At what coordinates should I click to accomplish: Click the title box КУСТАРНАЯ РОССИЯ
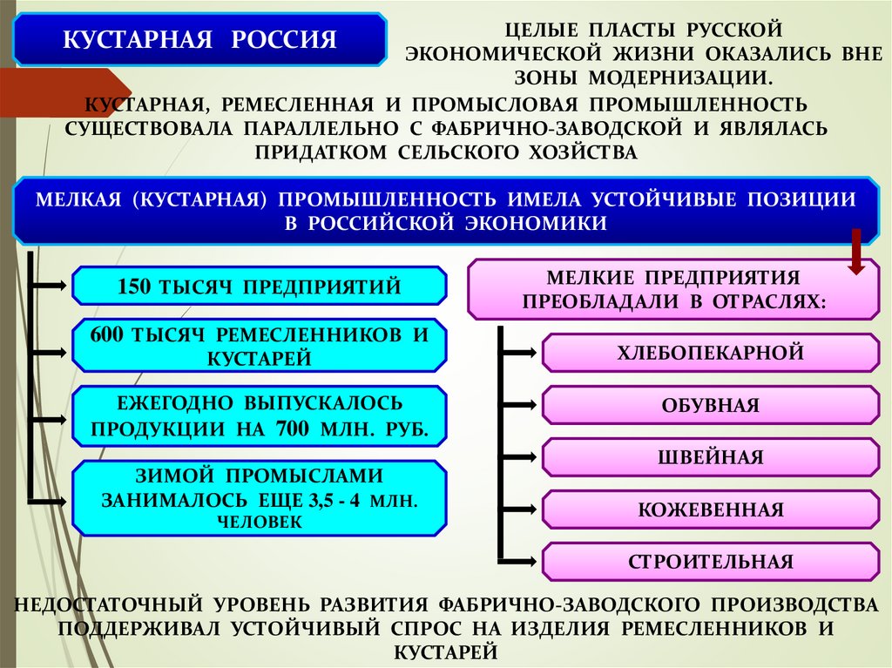pyautogui.click(x=199, y=40)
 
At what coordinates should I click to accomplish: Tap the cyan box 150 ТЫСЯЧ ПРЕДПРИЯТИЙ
pyautogui.click(x=259, y=286)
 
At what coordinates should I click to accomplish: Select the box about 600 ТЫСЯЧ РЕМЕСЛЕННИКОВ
pyautogui.click(x=259, y=346)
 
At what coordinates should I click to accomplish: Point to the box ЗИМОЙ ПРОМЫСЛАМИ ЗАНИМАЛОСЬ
pyautogui.click(x=259, y=498)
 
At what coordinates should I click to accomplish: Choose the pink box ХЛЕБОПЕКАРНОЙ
pyautogui.click(x=710, y=353)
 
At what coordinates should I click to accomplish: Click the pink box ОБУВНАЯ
pyautogui.click(x=710, y=405)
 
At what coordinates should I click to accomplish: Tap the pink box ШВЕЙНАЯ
pyautogui.click(x=710, y=457)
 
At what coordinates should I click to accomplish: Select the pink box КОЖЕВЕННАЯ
pyautogui.click(x=710, y=509)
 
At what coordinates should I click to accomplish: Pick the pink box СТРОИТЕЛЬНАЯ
pyautogui.click(x=710, y=562)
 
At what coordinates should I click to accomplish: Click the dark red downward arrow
pyautogui.click(x=855, y=253)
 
